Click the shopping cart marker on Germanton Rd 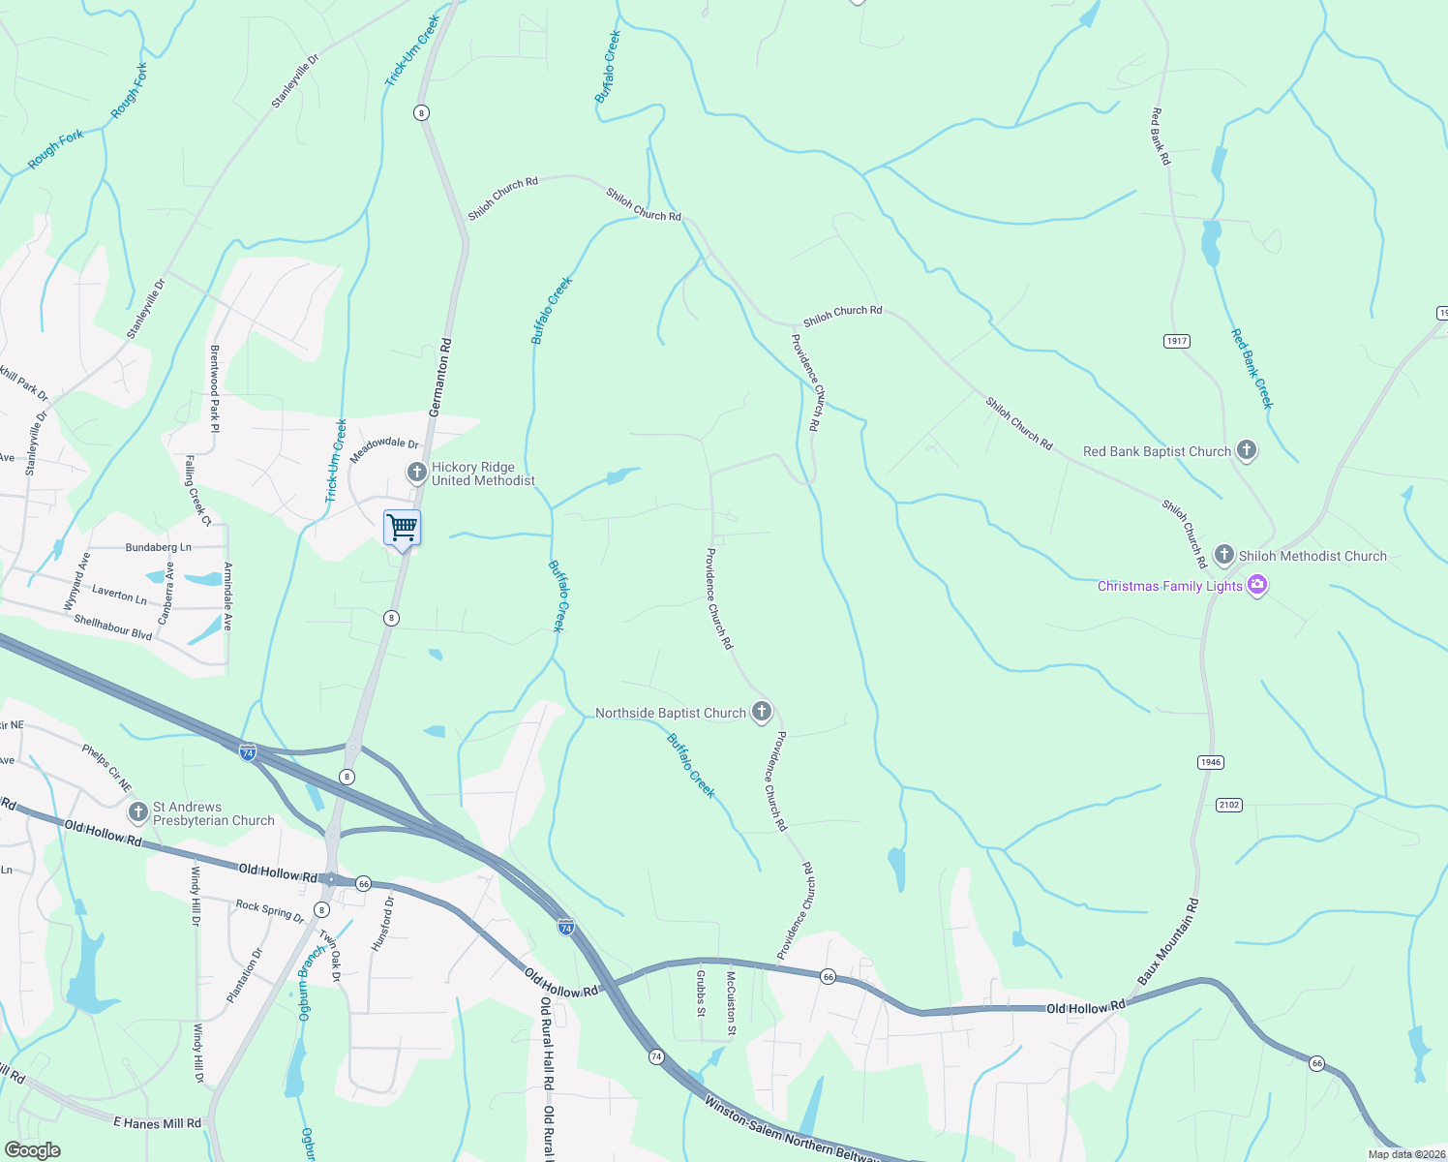402,529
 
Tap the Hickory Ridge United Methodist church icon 416,473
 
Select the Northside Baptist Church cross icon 762,713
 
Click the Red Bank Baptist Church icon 1247,450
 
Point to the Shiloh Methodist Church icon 1224,555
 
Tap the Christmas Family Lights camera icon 1257,585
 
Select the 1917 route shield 1176,341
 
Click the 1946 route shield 1211,762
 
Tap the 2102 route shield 1229,805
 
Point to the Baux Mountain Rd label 1167,942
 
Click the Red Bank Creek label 1252,368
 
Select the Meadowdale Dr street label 384,449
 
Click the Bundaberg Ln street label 159,547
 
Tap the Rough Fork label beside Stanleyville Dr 130,91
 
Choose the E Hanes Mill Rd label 157,1123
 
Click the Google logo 32,1149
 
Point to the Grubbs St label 701,994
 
